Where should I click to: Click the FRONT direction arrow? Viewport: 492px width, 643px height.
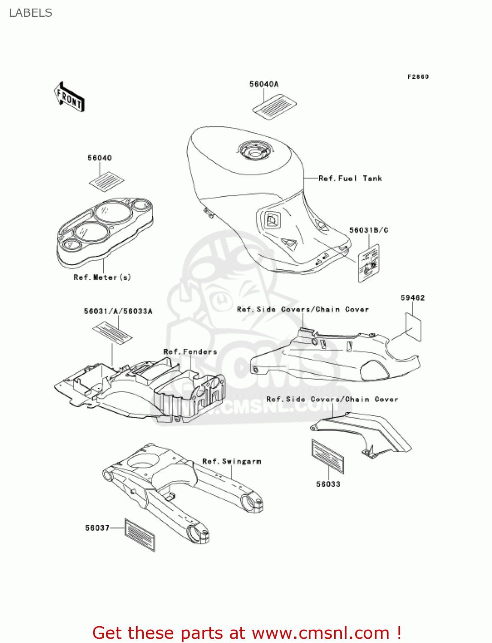69,97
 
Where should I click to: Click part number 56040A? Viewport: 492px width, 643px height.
264,84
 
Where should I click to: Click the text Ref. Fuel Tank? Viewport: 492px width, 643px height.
350,178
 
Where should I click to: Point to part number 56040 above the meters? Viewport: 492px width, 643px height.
100,158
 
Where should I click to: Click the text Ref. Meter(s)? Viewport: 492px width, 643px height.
102,277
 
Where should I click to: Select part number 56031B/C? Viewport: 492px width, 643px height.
368,230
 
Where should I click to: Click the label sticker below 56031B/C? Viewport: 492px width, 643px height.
369,263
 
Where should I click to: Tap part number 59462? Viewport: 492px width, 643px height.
412,298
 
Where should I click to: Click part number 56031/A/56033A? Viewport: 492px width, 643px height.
118,311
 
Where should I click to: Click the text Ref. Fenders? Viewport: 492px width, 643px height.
190,352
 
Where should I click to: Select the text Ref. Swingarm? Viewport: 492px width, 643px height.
232,461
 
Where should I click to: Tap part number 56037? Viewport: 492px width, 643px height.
97,528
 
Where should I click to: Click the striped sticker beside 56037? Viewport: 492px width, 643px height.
139,535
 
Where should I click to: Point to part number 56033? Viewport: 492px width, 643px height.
328,484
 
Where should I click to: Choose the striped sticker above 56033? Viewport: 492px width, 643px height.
328,456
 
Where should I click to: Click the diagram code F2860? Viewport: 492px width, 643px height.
418,77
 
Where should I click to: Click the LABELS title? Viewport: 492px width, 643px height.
30,13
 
